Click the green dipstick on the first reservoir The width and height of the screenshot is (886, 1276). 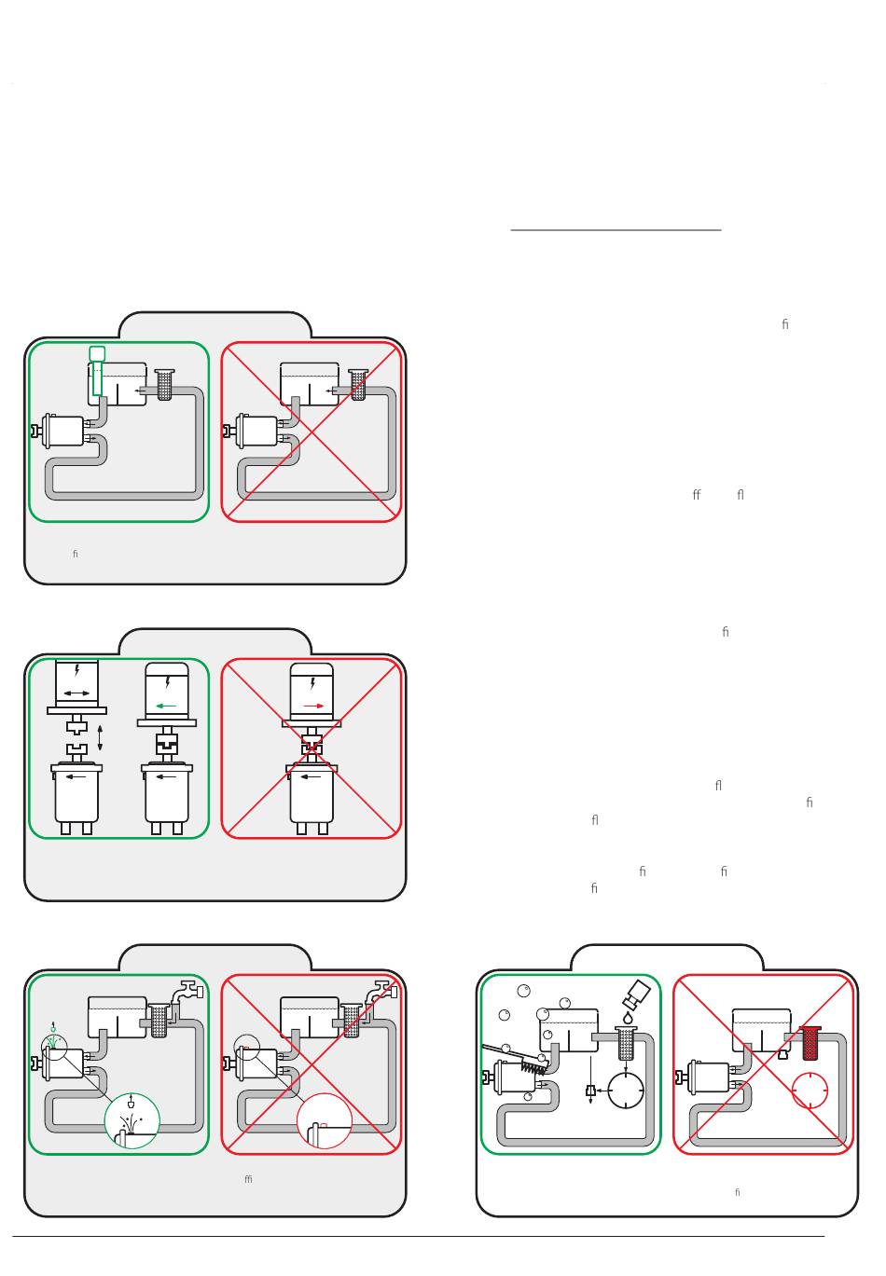(x=97, y=372)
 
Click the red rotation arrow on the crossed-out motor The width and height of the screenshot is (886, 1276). (x=313, y=706)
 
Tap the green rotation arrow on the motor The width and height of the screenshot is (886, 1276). (x=167, y=706)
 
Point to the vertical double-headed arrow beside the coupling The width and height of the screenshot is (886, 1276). (x=100, y=735)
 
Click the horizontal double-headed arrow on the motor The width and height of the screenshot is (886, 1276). (x=76, y=693)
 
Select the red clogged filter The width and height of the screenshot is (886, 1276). (x=810, y=1043)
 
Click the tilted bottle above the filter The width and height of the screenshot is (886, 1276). (x=638, y=995)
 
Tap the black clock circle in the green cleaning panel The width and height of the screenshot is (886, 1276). (x=626, y=1090)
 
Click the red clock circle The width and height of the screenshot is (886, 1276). (x=810, y=1091)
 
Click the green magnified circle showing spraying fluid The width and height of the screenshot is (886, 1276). (x=132, y=1120)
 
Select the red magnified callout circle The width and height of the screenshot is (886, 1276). (x=324, y=1120)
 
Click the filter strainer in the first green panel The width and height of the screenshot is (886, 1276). (x=165, y=384)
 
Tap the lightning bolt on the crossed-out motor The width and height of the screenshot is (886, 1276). (x=312, y=683)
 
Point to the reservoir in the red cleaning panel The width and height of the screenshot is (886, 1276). (x=761, y=1030)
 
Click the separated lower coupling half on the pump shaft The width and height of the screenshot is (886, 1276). (x=76, y=748)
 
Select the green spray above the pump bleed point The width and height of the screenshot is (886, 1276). (x=53, y=1040)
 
